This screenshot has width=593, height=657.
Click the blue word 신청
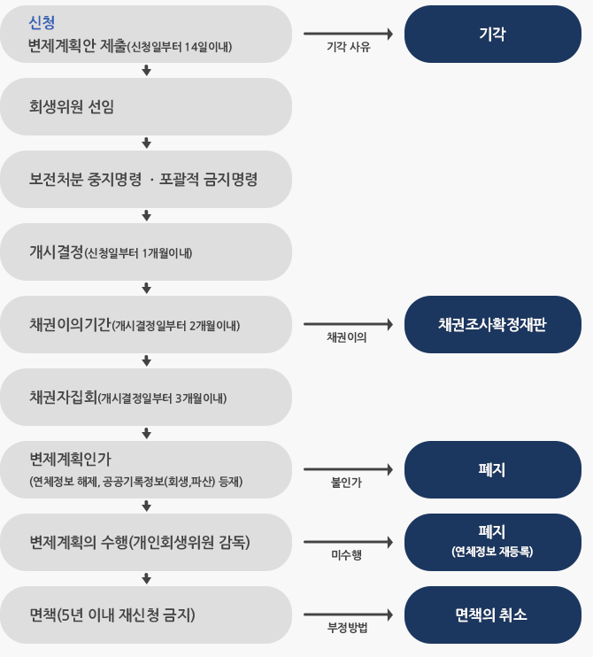42,22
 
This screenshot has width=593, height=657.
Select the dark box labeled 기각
492,34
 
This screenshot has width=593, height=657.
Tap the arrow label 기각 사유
349,47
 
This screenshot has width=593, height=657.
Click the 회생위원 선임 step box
146,106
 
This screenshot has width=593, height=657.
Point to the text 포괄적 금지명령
208,180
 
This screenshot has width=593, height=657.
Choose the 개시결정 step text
56,251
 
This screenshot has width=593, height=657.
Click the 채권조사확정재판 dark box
492,324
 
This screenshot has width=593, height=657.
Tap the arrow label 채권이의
347,337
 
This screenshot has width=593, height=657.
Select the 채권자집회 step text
63,397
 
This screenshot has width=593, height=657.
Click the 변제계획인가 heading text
70,460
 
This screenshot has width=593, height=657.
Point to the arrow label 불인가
346,483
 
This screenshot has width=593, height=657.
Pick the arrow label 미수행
346,555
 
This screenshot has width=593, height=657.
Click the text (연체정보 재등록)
492,552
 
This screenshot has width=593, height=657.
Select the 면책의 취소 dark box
492,614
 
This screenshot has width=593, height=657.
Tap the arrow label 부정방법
348,628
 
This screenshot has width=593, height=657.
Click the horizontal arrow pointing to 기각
349,34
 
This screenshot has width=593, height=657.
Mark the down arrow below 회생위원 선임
146,143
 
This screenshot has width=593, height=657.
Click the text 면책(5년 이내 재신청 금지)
112,614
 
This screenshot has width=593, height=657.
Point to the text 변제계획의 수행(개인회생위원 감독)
140,542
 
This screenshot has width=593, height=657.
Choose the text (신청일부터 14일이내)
180,47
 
